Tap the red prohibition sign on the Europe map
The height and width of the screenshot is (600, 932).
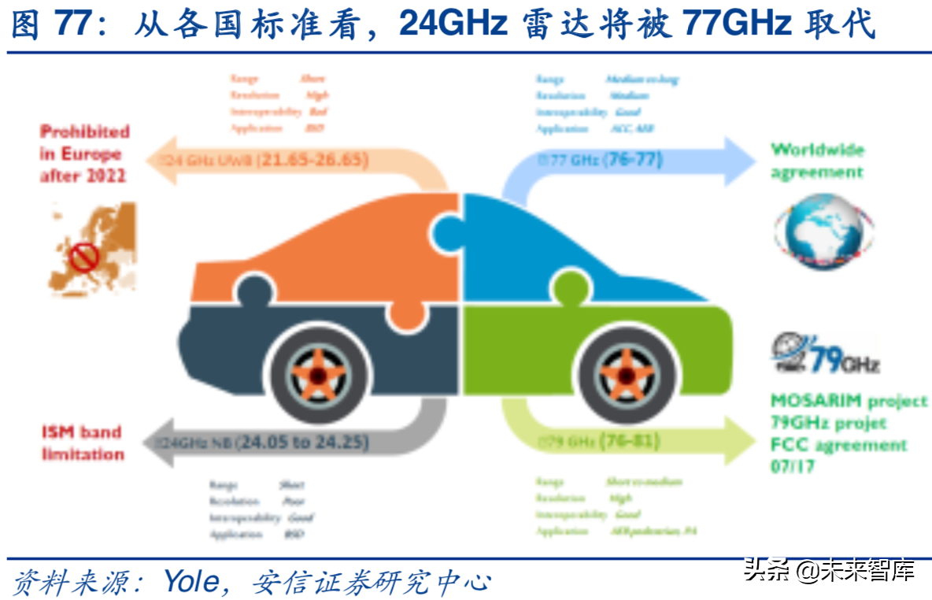point(84,256)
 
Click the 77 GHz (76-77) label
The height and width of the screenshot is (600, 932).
point(600,160)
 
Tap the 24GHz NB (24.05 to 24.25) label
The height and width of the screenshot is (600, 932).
point(264,443)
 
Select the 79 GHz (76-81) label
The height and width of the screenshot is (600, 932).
point(598,441)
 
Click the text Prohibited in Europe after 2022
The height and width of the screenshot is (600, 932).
point(84,154)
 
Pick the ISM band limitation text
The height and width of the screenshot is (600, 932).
point(83,443)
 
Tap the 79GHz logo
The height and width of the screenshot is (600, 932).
point(824,354)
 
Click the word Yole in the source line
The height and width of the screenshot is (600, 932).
point(191,581)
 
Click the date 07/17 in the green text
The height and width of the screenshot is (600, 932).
point(793,466)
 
